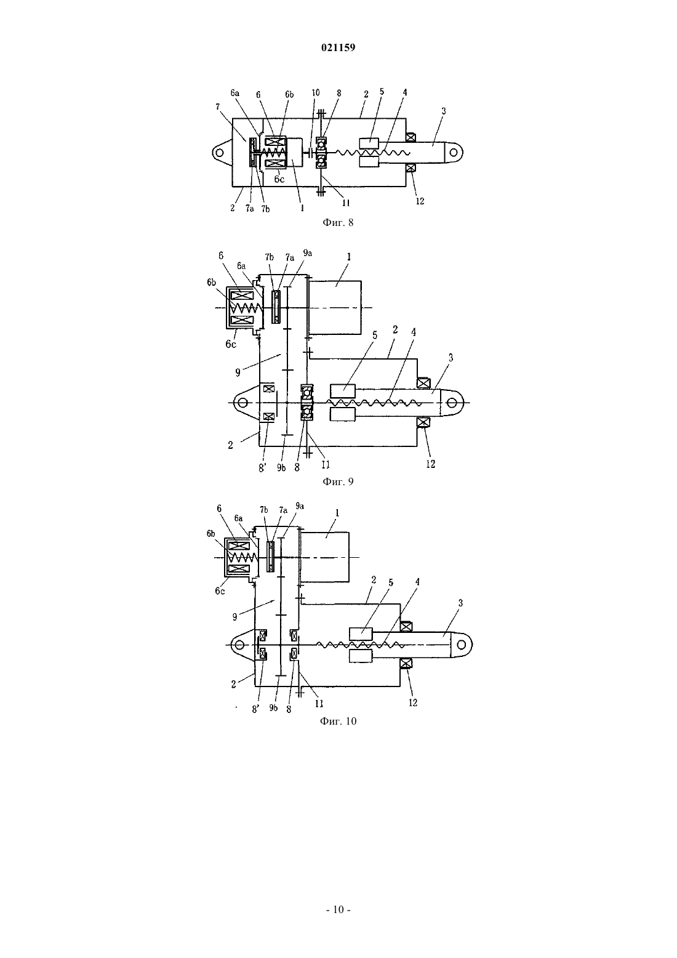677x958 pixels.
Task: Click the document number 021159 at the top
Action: click(x=338, y=47)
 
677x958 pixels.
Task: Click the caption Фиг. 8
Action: click(x=338, y=222)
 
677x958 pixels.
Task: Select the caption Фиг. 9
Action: click(x=338, y=481)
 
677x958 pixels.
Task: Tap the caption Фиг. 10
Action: click(x=338, y=721)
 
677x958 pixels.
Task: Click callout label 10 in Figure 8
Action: click(x=315, y=93)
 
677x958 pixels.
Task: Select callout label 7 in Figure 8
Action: click(x=218, y=107)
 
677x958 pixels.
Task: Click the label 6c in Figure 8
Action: click(x=279, y=179)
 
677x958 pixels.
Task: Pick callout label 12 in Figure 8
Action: click(x=420, y=201)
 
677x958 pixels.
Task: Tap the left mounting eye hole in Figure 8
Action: click(x=220, y=152)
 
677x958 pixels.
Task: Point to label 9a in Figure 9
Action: click(x=307, y=253)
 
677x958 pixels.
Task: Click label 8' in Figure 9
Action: click(x=262, y=469)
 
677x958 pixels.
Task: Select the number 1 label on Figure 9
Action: click(x=349, y=257)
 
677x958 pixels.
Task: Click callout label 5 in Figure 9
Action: click(x=375, y=336)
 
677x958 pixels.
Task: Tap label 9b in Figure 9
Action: click(x=281, y=469)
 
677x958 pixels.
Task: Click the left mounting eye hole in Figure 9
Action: click(x=242, y=403)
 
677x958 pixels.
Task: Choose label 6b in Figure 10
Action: click(x=210, y=533)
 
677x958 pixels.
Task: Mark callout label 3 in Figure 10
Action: click(x=460, y=603)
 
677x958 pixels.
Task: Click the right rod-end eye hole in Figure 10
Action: click(x=462, y=644)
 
